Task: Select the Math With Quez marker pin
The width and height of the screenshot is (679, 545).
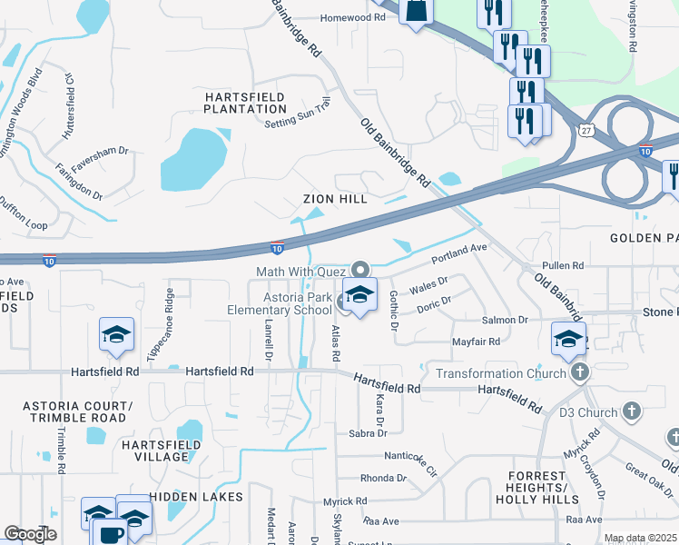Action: [x=361, y=270]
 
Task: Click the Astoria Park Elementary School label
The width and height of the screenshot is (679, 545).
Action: [x=280, y=303]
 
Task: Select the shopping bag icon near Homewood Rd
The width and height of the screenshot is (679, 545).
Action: [x=416, y=12]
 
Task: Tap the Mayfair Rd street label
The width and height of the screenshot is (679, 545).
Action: [x=476, y=342]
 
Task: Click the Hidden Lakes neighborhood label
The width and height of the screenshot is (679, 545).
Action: [x=196, y=497]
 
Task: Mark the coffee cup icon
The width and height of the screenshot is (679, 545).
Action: [x=110, y=534]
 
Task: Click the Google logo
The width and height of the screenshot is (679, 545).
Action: [x=30, y=534]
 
